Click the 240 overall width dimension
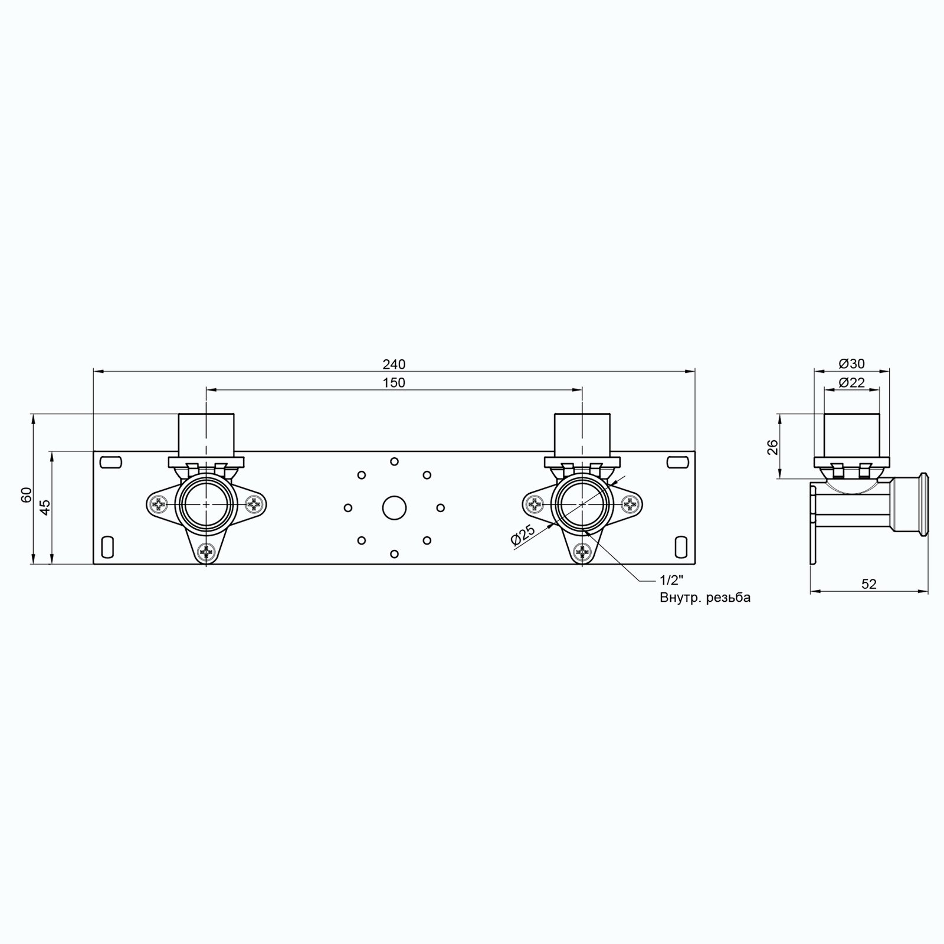394,364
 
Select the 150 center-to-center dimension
394,383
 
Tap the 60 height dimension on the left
26,494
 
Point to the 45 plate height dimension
45,507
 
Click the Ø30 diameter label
851,364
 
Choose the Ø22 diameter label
851,383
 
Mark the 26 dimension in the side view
772,447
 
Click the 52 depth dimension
869,584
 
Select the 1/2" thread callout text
671,579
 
